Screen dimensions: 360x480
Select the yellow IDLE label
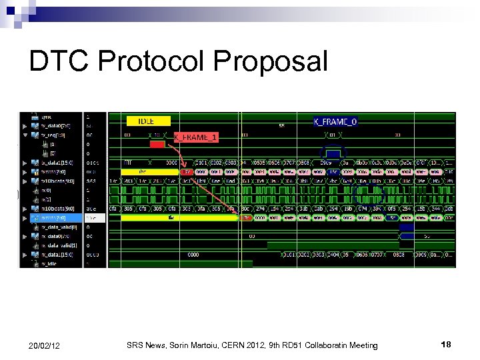coord(148,121)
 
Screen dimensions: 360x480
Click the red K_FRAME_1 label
coord(196,137)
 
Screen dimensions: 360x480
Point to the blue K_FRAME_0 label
coord(335,121)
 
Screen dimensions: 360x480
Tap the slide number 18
coord(446,344)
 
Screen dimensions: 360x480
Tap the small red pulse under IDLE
coord(157,144)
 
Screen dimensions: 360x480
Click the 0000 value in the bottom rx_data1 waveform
coord(193,255)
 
